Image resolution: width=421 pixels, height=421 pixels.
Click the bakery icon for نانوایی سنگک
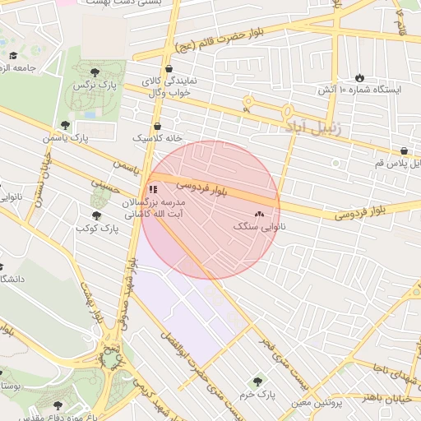click(261, 214)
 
